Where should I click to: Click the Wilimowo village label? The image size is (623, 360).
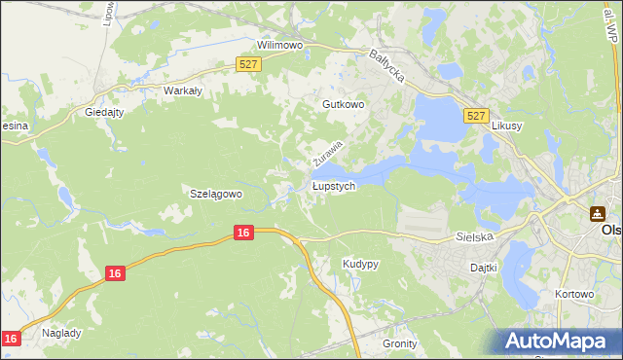pyautogui.click(x=280, y=45)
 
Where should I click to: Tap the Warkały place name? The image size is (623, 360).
pyautogui.click(x=182, y=90)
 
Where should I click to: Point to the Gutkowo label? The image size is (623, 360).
pyautogui.click(x=343, y=103)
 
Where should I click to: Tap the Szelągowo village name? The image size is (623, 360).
pyautogui.click(x=215, y=194)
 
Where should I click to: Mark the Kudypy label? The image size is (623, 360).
pyautogui.click(x=360, y=264)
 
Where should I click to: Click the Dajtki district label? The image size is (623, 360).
pyautogui.click(x=484, y=267)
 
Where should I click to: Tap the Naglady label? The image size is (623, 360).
pyautogui.click(x=62, y=332)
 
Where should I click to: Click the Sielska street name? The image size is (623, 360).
pyautogui.click(x=476, y=236)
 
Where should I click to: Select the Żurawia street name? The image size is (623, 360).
pyautogui.click(x=329, y=153)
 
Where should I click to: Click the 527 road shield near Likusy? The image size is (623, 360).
pyautogui.click(x=475, y=115)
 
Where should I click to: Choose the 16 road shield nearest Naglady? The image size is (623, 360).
pyautogui.click(x=11, y=338)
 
